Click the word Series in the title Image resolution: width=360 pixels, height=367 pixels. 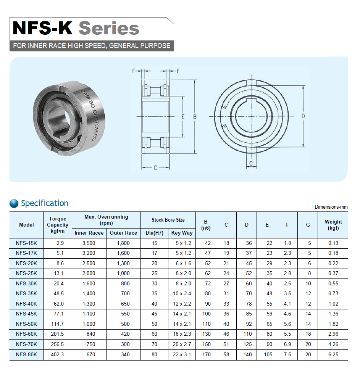(x=109, y=29)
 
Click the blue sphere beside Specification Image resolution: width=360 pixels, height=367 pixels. (x=14, y=203)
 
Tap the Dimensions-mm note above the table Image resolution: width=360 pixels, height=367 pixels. (x=331, y=207)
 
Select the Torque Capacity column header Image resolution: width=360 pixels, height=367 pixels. (x=58, y=225)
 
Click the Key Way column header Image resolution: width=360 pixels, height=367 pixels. (x=182, y=233)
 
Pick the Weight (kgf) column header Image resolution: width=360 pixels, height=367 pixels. (x=333, y=225)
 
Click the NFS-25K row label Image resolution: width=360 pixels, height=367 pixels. (x=26, y=273)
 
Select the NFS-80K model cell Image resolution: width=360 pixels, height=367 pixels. (x=26, y=354)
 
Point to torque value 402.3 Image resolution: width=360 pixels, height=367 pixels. (x=57, y=354)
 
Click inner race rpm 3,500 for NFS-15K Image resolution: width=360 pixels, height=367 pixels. (x=89, y=243)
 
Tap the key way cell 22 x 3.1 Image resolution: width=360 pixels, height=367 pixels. (x=182, y=354)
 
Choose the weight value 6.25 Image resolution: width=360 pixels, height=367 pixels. (x=333, y=354)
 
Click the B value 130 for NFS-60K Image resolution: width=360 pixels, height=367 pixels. (x=207, y=334)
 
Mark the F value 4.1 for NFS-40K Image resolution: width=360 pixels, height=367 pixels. (x=287, y=304)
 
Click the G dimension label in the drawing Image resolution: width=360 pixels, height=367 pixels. (x=251, y=163)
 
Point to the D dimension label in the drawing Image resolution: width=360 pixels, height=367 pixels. (x=303, y=116)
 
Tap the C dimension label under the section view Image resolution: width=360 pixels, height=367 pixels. (x=155, y=168)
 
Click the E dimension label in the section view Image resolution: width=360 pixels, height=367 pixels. (x=183, y=117)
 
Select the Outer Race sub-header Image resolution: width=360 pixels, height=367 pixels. (x=123, y=233)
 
